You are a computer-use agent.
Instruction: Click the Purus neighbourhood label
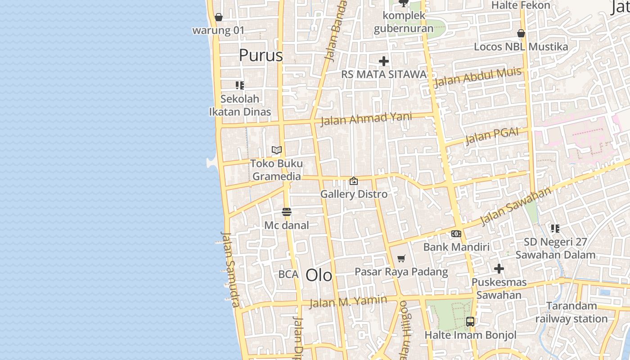tap(261, 55)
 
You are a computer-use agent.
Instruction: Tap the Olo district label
tap(319, 275)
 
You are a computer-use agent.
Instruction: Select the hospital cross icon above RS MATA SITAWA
tap(383, 61)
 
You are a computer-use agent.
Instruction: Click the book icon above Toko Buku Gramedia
tap(276, 150)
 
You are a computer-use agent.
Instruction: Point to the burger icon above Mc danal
tap(287, 211)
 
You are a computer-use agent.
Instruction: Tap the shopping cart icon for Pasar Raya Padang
tap(401, 258)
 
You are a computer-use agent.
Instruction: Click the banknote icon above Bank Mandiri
tap(456, 234)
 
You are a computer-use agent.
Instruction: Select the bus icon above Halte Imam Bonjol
tap(470, 322)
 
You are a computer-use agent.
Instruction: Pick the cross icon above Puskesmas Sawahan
tap(499, 269)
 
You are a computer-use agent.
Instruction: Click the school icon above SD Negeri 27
tap(555, 229)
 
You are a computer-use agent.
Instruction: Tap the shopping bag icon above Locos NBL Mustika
tap(521, 33)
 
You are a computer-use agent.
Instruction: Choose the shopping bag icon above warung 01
tap(219, 17)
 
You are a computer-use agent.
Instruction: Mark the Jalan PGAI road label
tap(492, 136)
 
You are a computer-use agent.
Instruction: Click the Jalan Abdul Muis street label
tap(478, 77)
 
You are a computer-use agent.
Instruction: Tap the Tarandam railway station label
tap(571, 312)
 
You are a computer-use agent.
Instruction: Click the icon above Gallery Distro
tap(354, 181)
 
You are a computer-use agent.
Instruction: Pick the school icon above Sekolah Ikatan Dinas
tap(240, 85)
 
